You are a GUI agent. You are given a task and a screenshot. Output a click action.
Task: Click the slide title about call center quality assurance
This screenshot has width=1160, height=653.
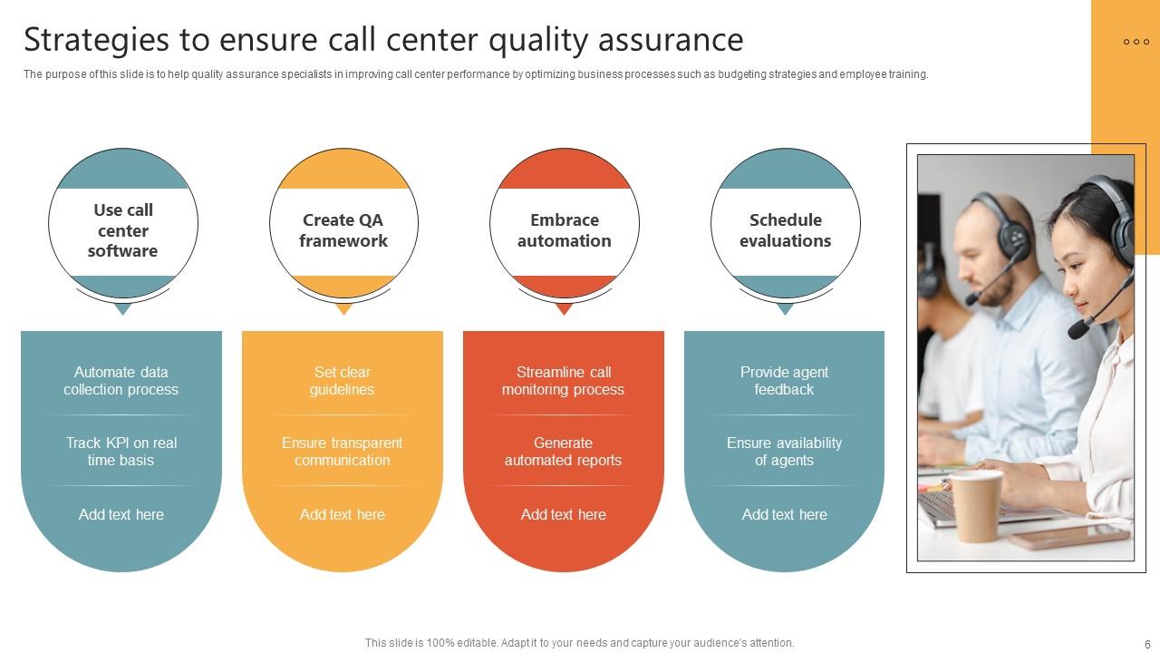click(x=383, y=41)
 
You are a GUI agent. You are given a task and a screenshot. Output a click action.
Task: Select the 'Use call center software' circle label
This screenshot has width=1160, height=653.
click(x=122, y=230)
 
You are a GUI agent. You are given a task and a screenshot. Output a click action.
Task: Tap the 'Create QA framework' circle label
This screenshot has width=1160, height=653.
click(x=343, y=230)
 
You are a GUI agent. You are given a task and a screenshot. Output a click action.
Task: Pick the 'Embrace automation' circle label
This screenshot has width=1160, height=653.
click(x=564, y=230)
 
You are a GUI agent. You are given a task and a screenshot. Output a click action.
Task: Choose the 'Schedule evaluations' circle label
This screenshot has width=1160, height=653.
click(x=785, y=230)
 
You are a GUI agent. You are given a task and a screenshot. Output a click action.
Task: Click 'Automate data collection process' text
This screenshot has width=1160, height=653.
click(x=121, y=381)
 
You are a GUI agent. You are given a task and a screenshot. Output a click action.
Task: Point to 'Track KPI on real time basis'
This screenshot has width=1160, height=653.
click(x=121, y=452)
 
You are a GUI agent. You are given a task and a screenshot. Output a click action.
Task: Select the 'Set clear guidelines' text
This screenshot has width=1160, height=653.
click(x=342, y=381)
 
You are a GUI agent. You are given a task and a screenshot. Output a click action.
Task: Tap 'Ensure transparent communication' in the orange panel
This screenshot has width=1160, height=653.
click(x=342, y=452)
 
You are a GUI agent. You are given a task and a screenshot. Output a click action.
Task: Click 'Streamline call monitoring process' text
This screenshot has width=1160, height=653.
click(x=563, y=381)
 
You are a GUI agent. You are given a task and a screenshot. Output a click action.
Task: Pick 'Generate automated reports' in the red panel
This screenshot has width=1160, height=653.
click(x=563, y=452)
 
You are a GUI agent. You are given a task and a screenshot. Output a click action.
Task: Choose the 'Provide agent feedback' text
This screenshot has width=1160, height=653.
click(x=784, y=381)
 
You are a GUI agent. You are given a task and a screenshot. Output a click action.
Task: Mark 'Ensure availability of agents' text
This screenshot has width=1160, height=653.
click(x=784, y=452)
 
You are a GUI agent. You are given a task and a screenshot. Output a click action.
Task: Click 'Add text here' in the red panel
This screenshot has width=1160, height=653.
click(x=563, y=514)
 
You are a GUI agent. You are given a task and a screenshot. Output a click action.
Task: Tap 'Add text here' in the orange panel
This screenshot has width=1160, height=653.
click(x=342, y=514)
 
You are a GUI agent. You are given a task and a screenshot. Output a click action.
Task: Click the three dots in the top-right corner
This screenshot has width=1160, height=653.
click(x=1136, y=42)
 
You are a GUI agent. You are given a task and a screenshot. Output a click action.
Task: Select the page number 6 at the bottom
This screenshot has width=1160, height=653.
click(x=1147, y=644)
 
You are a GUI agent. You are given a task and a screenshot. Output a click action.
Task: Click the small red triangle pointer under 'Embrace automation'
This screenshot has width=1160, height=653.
click(x=564, y=308)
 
